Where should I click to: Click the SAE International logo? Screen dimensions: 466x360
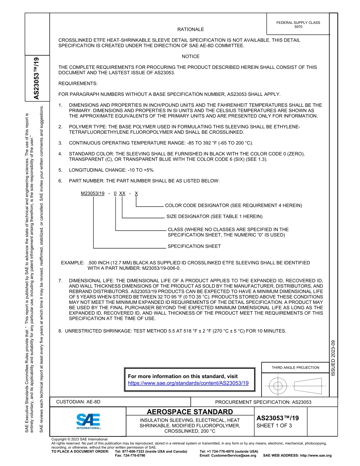[x=88, y=421]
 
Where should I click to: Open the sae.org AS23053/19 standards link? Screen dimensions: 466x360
[x=188, y=383]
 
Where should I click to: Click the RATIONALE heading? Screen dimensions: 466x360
[x=191, y=30]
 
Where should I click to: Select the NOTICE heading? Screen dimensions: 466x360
[x=191, y=56]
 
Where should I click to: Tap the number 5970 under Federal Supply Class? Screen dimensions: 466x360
[x=298, y=27]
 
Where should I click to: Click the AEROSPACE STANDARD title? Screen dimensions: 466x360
[x=190, y=412]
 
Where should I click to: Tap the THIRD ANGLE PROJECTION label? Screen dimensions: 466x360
[x=295, y=367]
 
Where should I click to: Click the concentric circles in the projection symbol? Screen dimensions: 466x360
[x=278, y=386]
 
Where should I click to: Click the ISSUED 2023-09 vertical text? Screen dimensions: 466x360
[x=333, y=358]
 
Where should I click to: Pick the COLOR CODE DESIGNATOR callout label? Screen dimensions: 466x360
[x=233, y=205]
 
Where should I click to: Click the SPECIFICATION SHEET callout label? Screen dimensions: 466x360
[x=194, y=246]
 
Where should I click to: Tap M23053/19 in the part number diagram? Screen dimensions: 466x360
[x=93, y=193]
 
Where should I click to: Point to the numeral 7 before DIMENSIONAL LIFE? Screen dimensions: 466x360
[x=60, y=281]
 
